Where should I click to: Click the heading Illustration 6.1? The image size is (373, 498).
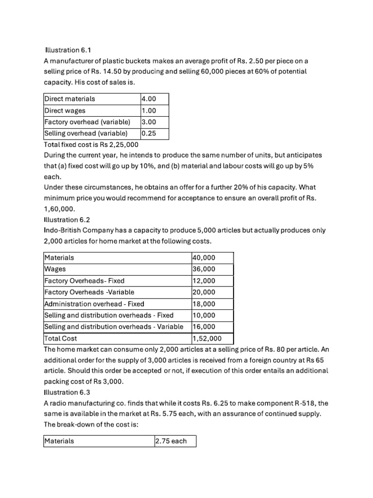pyautogui.click(x=68, y=50)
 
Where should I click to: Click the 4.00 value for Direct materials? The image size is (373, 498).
pyautogui.click(x=149, y=99)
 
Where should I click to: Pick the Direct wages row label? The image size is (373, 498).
pyautogui.click(x=65, y=110)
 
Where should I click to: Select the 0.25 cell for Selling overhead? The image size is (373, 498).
pyautogui.click(x=149, y=133)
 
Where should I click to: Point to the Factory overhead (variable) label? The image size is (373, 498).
pyautogui.click(x=87, y=122)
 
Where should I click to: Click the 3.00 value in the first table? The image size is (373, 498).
pyautogui.click(x=149, y=122)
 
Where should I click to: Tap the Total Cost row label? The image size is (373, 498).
pyautogui.click(x=61, y=338)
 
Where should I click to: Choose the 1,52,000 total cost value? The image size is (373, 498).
pyautogui.click(x=207, y=338)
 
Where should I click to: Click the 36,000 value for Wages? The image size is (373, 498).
pyautogui.click(x=204, y=269)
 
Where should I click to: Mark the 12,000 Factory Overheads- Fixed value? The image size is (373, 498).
pyautogui.click(x=204, y=281)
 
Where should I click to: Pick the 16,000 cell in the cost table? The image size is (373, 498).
pyautogui.click(x=204, y=327)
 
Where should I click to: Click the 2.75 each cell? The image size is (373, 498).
pyautogui.click(x=170, y=441)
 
